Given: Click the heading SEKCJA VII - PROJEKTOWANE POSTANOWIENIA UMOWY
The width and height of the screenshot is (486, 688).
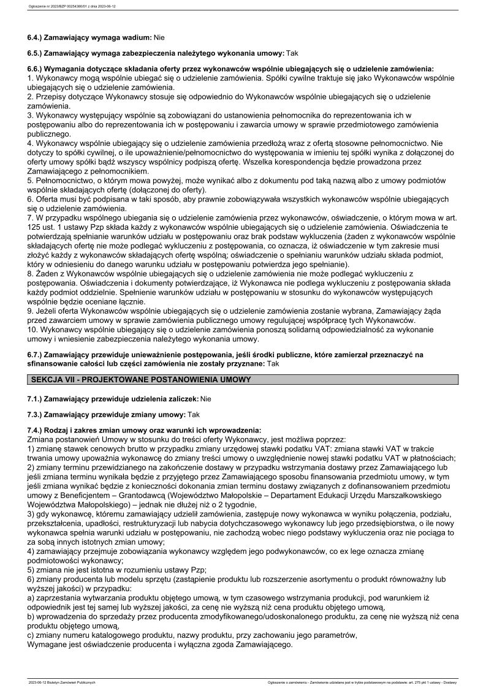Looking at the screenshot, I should pos(141,380).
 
